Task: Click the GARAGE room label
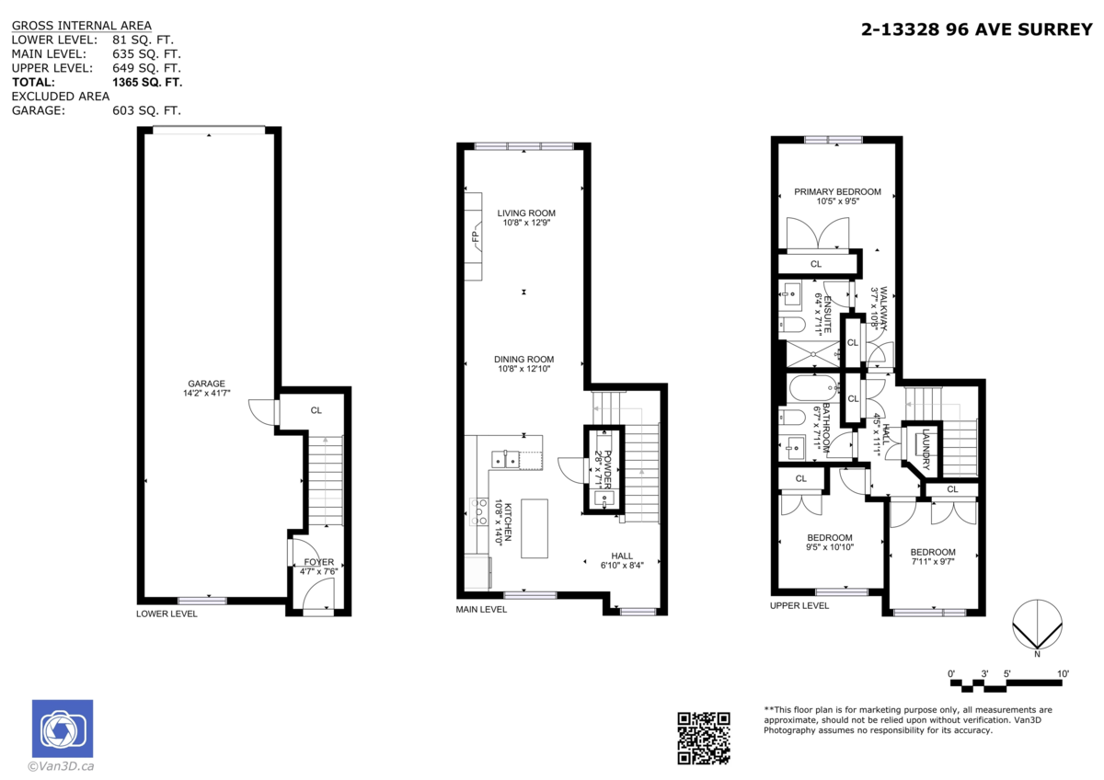206,384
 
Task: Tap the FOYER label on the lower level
318,561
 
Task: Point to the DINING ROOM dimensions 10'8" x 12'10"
524,370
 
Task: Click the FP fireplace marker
476,237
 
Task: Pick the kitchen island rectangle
534,527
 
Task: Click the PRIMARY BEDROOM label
837,192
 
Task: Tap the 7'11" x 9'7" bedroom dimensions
934,561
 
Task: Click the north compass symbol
1037,625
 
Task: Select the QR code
704,738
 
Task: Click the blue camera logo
63,729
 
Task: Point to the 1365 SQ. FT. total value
147,82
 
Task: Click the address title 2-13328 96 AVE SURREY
976,29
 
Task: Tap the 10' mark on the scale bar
1063,674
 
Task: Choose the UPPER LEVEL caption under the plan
799,605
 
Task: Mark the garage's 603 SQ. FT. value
146,110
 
